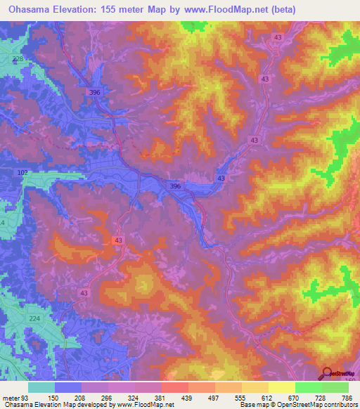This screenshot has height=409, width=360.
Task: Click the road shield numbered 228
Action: coord(18,58)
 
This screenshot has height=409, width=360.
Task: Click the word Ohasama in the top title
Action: coord(30,10)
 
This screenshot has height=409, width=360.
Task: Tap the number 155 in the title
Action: coord(122,10)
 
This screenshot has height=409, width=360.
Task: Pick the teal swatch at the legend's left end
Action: coord(41,387)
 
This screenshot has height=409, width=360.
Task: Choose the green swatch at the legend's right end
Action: coord(335,387)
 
